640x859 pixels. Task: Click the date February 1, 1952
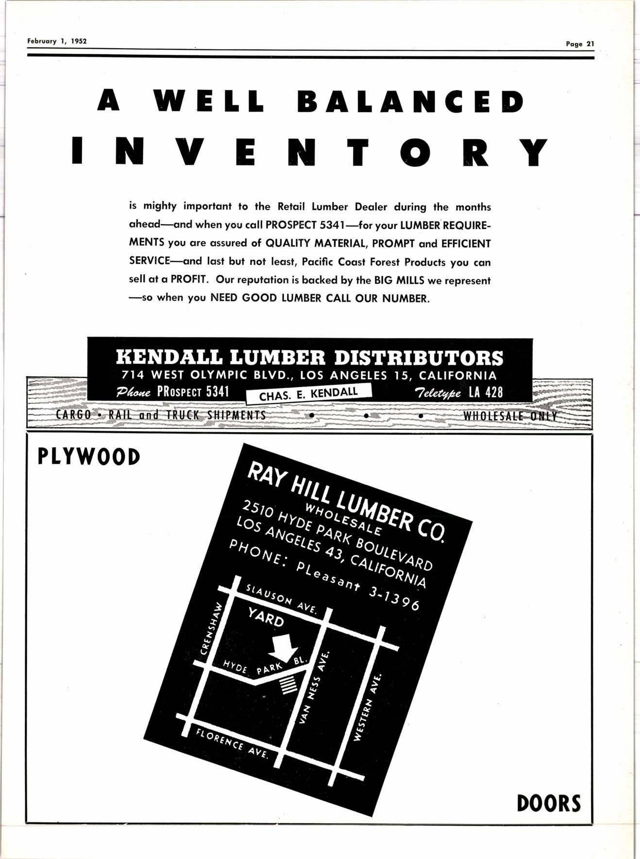coord(57,41)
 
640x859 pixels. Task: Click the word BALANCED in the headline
coord(410,101)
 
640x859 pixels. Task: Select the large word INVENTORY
coord(310,152)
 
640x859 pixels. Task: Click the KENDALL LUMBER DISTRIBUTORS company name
coord(309,358)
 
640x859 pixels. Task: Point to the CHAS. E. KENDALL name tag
coord(308,394)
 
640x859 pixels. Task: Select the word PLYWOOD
coord(89,457)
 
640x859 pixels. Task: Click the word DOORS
coord(549,803)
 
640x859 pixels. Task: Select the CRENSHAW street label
coord(211,629)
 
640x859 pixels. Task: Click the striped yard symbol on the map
coord(289,685)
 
